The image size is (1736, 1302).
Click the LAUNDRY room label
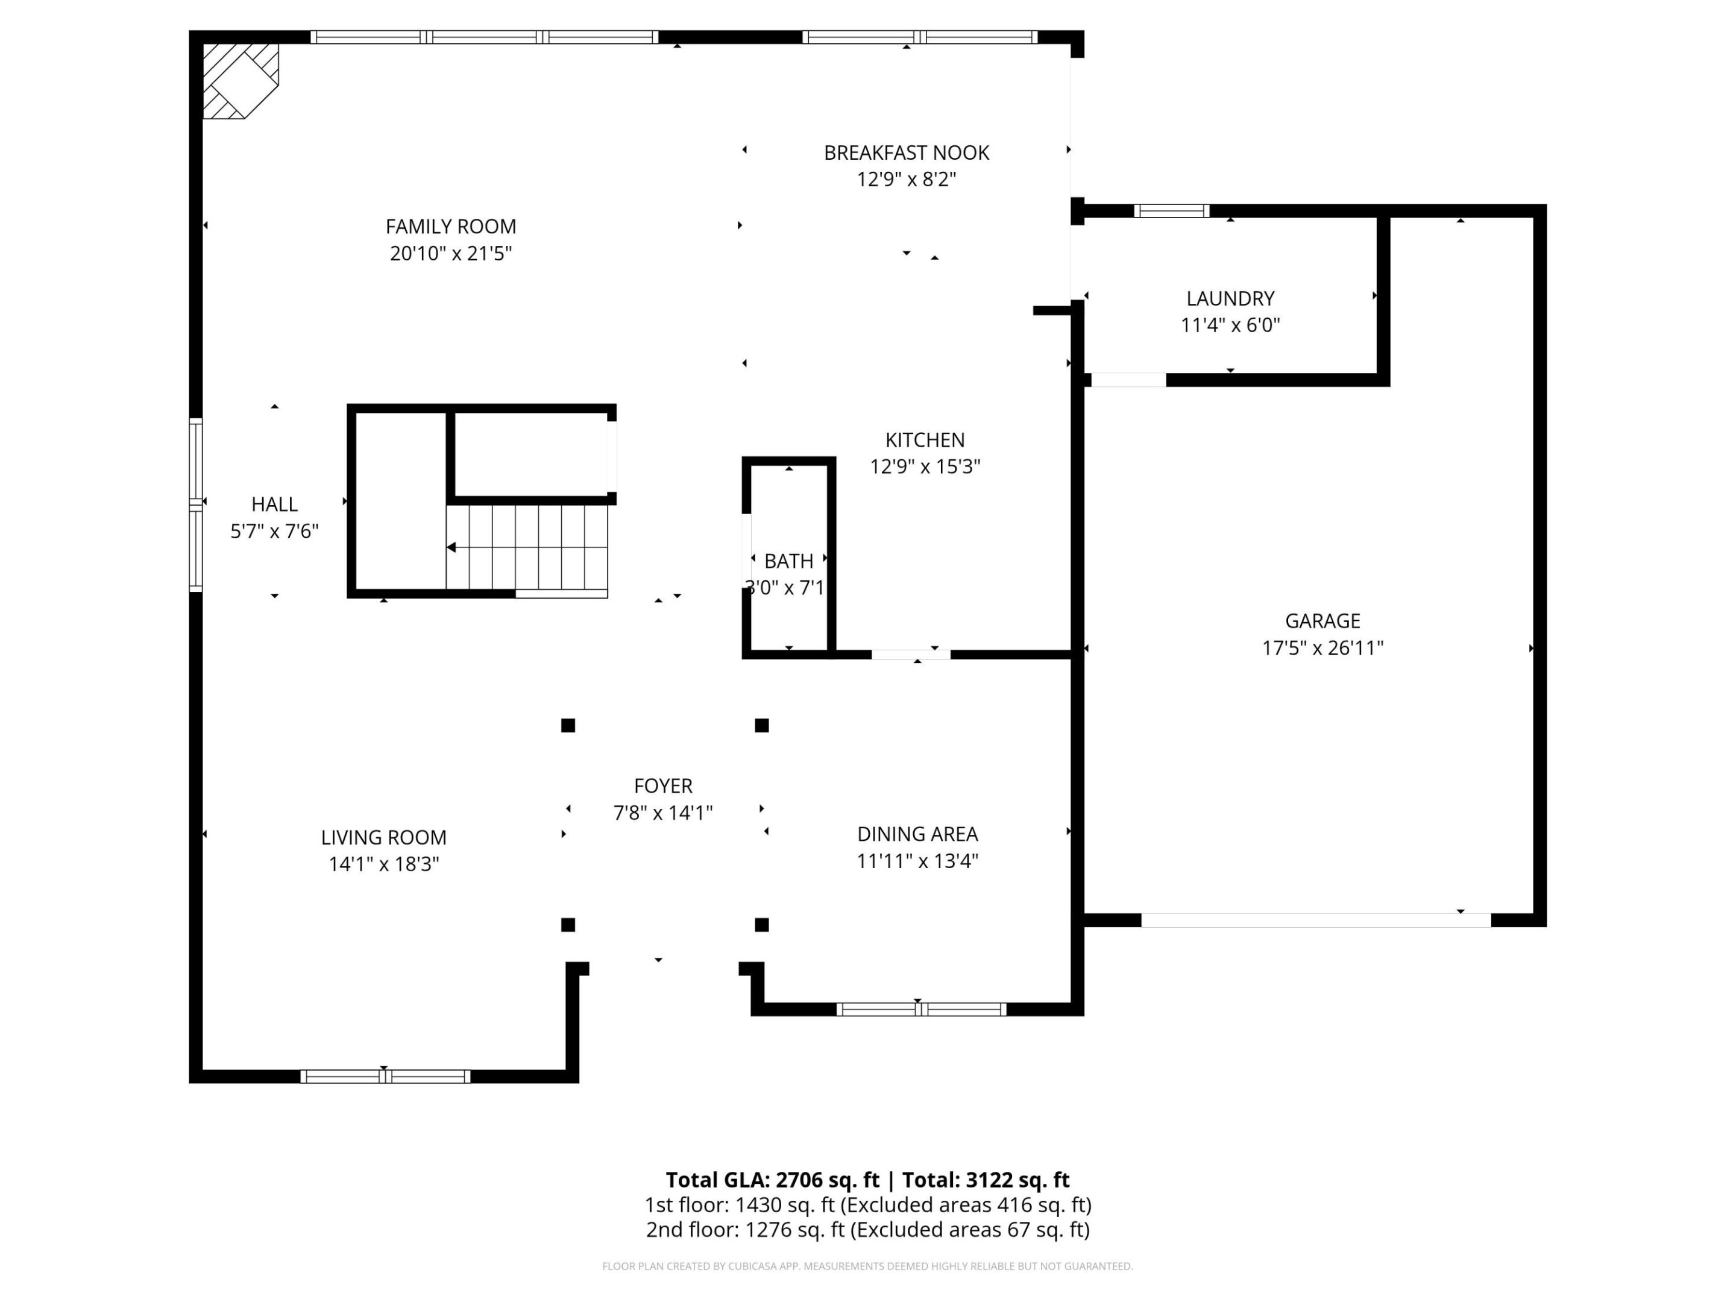point(1230,298)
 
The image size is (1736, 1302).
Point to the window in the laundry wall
point(1171,210)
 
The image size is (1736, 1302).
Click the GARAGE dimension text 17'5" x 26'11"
point(1322,647)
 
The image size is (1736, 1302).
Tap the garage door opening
point(1315,920)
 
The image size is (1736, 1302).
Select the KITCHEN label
point(925,439)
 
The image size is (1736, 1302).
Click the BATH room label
point(788,561)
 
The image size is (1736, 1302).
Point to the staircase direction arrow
point(453,547)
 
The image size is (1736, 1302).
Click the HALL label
point(274,504)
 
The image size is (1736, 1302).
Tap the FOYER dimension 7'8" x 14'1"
point(662,813)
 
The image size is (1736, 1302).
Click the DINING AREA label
point(917,834)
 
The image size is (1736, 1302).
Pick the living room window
point(385,1076)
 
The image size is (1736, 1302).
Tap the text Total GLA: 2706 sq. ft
point(772,1180)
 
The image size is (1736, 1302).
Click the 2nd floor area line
point(867,1230)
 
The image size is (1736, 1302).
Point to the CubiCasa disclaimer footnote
point(867,1266)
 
